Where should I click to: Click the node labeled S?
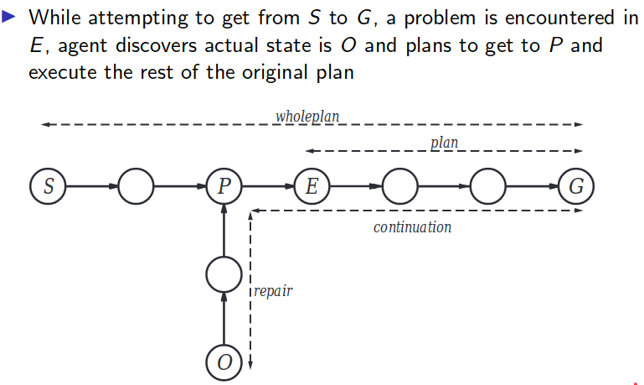48,186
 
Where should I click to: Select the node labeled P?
224,186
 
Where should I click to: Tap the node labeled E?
312,186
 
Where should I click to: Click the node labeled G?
575,186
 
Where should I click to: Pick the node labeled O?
224,362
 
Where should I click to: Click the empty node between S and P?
136,186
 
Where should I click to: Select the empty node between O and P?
224,274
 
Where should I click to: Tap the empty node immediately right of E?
399,186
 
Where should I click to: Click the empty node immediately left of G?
487,186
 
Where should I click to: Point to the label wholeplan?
307,117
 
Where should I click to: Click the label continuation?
412,227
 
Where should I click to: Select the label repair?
273,291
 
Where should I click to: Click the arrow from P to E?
267,186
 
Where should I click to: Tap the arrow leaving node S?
91,186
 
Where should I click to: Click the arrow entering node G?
531,186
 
